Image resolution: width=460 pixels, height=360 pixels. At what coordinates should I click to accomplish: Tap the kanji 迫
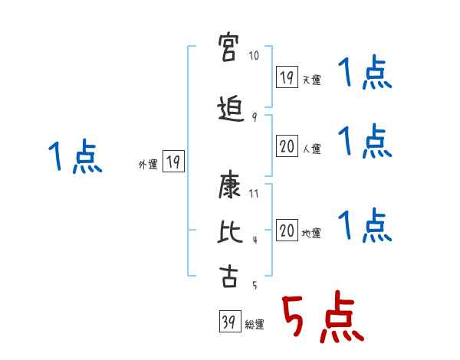point(229,109)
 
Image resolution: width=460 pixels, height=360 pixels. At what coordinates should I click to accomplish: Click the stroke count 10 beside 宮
point(254,56)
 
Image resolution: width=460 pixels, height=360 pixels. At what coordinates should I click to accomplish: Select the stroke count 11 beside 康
point(255,194)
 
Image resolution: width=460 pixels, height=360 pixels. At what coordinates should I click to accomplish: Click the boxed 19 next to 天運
point(287,77)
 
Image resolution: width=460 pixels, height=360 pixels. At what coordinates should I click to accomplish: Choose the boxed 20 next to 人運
point(287,146)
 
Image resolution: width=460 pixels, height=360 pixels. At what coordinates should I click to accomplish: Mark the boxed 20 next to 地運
point(287,230)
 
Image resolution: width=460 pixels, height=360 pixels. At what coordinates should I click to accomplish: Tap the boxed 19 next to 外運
point(173,162)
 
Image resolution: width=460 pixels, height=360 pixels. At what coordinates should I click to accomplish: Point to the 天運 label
point(311,80)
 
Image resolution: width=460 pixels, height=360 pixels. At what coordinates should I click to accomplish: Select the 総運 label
point(254,325)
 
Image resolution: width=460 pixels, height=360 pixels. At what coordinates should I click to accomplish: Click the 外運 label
point(148,164)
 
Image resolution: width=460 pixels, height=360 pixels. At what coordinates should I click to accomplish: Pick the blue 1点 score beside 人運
point(365,141)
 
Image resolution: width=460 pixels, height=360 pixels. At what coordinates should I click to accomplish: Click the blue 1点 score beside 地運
point(365,225)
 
